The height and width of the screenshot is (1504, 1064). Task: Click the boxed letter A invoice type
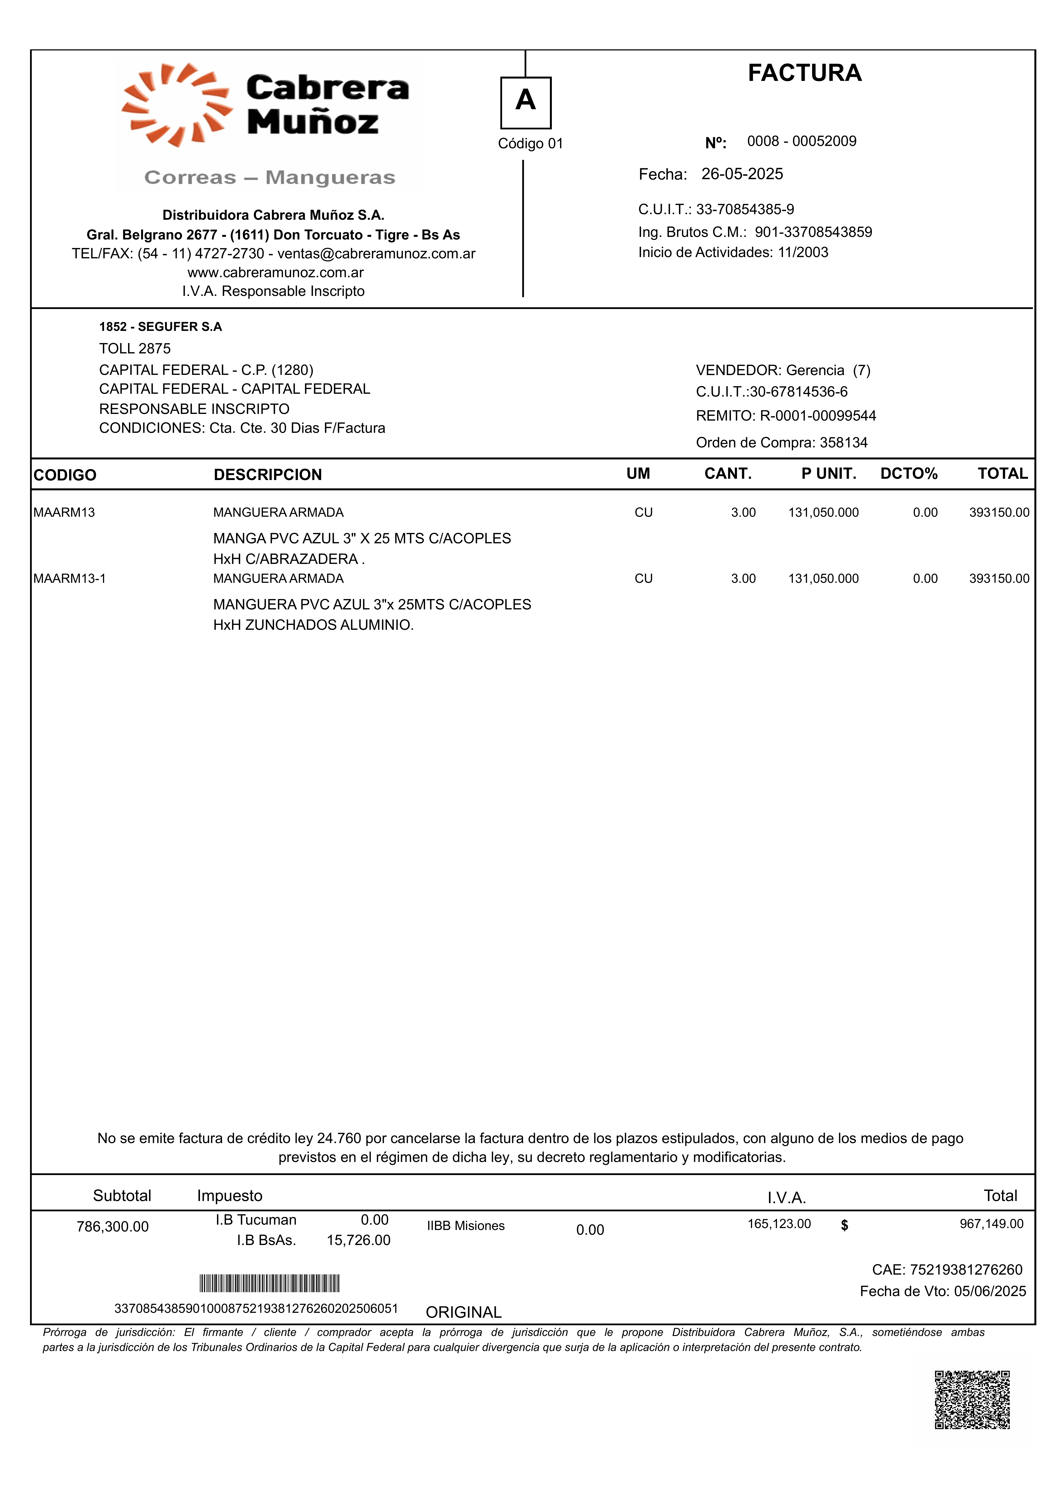525,101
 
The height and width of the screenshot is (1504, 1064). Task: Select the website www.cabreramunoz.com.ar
275,273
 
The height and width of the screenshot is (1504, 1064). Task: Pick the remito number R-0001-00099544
818,416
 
